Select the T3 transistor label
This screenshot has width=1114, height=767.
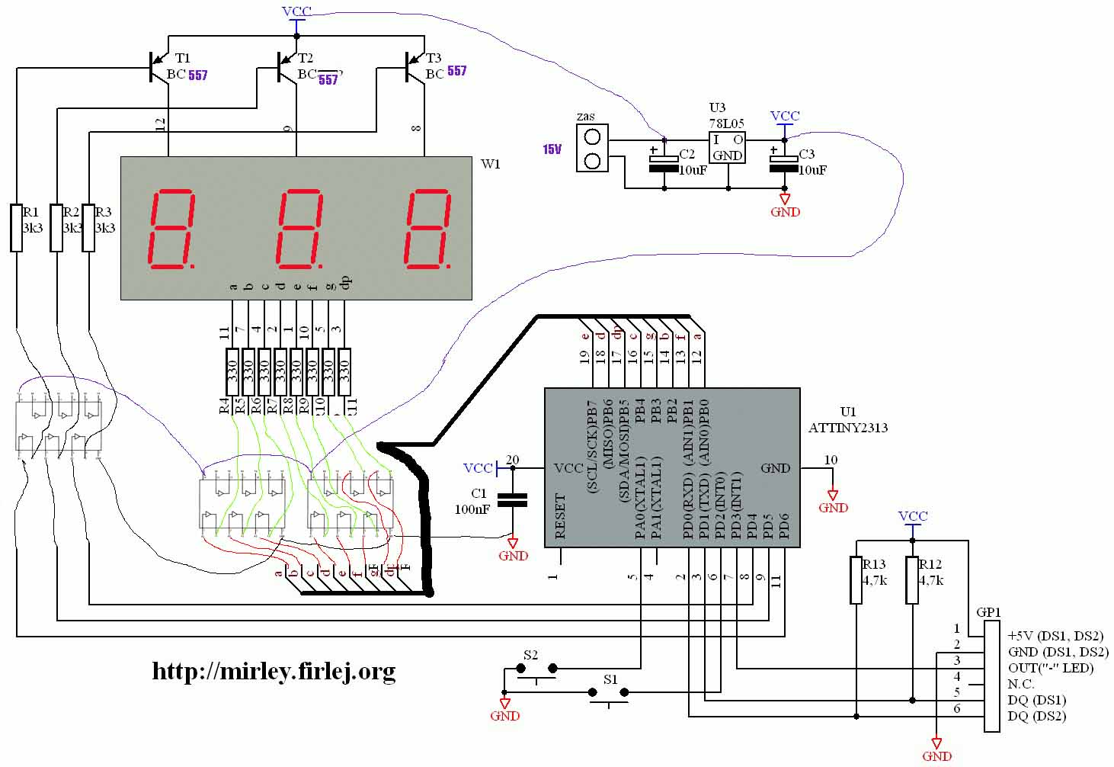[x=433, y=58]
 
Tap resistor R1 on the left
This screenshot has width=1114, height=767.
[x=17, y=227]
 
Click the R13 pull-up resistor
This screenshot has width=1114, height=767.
[x=856, y=579]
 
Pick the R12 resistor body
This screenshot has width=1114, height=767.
[x=912, y=579]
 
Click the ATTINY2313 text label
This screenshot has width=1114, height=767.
[x=847, y=428]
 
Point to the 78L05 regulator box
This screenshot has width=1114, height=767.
[x=727, y=147]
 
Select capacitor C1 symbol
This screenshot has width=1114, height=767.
[x=512, y=500]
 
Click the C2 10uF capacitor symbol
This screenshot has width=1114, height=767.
[x=664, y=162]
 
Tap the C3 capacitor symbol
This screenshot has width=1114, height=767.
[x=785, y=162]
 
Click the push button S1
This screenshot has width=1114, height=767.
[x=608, y=694]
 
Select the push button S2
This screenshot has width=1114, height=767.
[x=536, y=670]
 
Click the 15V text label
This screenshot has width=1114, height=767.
[x=552, y=149]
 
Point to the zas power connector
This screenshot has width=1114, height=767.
[x=592, y=149]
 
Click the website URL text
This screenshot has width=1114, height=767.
[x=274, y=671]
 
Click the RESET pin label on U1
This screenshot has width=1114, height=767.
[x=561, y=516]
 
